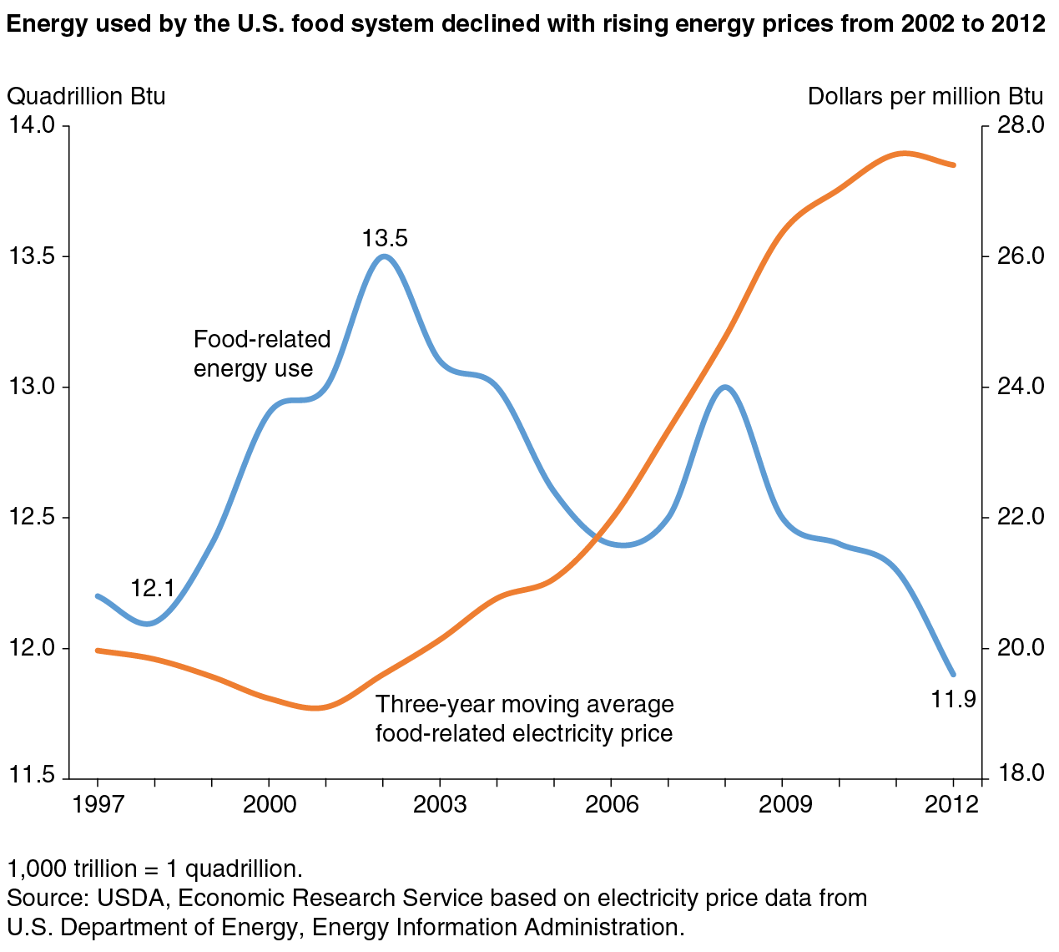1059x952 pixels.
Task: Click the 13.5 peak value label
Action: coord(385,239)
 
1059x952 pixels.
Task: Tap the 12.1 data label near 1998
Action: coord(152,589)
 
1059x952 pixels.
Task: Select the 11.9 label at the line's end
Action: coord(953,699)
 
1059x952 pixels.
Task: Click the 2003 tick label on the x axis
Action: coord(440,804)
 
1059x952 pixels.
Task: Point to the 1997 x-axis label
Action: coord(98,804)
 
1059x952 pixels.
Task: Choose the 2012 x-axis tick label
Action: coord(951,804)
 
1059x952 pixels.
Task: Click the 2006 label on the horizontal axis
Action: coord(611,804)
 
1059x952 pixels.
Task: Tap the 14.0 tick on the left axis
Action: coord(32,125)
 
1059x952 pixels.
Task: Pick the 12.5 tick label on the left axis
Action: coord(32,517)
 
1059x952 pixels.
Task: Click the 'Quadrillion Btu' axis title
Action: coord(86,97)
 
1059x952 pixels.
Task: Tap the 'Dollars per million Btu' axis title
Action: coord(925,97)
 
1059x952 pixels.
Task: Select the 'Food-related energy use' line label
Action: coord(262,354)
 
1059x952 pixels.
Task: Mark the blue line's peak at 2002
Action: coord(384,256)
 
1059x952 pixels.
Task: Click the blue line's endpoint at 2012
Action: coord(954,674)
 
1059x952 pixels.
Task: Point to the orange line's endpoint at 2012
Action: coord(953,165)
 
